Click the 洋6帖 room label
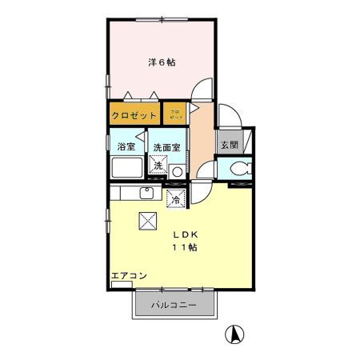point(162,62)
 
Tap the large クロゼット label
point(134,115)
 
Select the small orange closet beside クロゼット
point(175,115)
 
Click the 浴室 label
point(126,147)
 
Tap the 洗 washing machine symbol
point(158,166)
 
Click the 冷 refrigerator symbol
point(175,198)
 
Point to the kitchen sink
point(146,193)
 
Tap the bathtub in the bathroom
point(126,169)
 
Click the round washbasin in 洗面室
point(177,170)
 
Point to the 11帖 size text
point(186,248)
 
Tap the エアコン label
point(128,276)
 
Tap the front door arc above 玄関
point(225,115)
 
